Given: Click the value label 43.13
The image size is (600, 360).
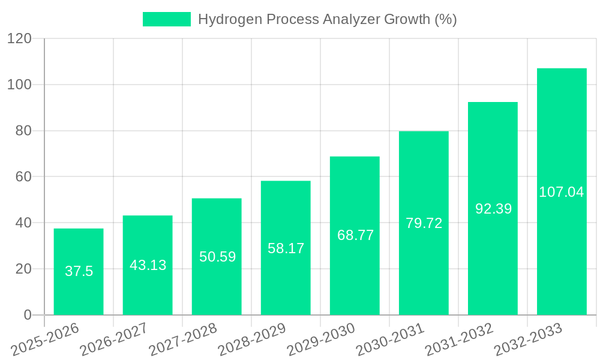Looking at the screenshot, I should pos(148,265).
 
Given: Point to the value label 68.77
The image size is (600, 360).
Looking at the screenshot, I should pos(355,235).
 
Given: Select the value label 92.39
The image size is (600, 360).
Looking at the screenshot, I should pos(493,209).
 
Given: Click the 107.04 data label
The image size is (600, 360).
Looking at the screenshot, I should pos(562,192).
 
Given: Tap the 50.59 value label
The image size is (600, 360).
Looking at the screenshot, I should pos(217,257).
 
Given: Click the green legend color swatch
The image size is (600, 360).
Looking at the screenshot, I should pos(166,19).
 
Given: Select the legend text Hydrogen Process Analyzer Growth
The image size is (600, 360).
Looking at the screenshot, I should pos(327,19).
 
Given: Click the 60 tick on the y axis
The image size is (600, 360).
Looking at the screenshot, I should pos(23,177).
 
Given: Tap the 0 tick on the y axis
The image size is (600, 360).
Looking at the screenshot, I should pos(27,315).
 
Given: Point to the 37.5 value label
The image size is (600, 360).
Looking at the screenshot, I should pos(79,271).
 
